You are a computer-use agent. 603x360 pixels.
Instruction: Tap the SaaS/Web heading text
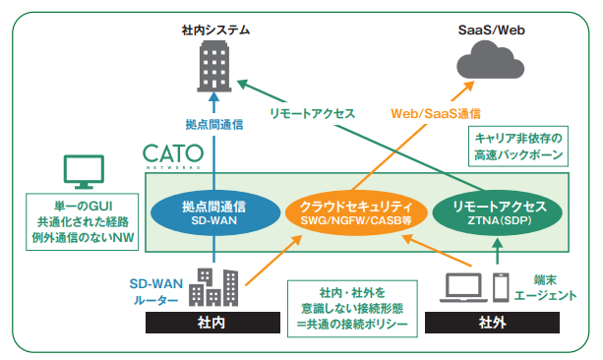click(491, 30)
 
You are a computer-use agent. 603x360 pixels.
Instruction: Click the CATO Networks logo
click(173, 157)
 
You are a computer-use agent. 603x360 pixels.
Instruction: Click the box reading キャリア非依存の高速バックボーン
click(518, 149)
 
